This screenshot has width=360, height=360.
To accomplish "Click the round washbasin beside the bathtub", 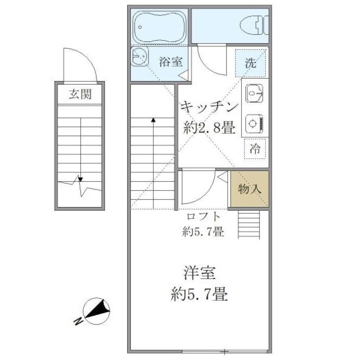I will coord(139,57).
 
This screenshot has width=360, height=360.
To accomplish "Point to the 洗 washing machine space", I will coord(251,63).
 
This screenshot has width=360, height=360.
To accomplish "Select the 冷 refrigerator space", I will coord(255,149).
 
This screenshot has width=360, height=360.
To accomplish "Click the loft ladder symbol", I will coord(249,224).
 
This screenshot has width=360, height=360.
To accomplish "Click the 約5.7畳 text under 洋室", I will coord(199,295).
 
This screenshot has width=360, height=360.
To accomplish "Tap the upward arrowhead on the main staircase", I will coord(153,120).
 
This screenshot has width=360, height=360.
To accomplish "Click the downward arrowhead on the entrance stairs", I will coord(80,178).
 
